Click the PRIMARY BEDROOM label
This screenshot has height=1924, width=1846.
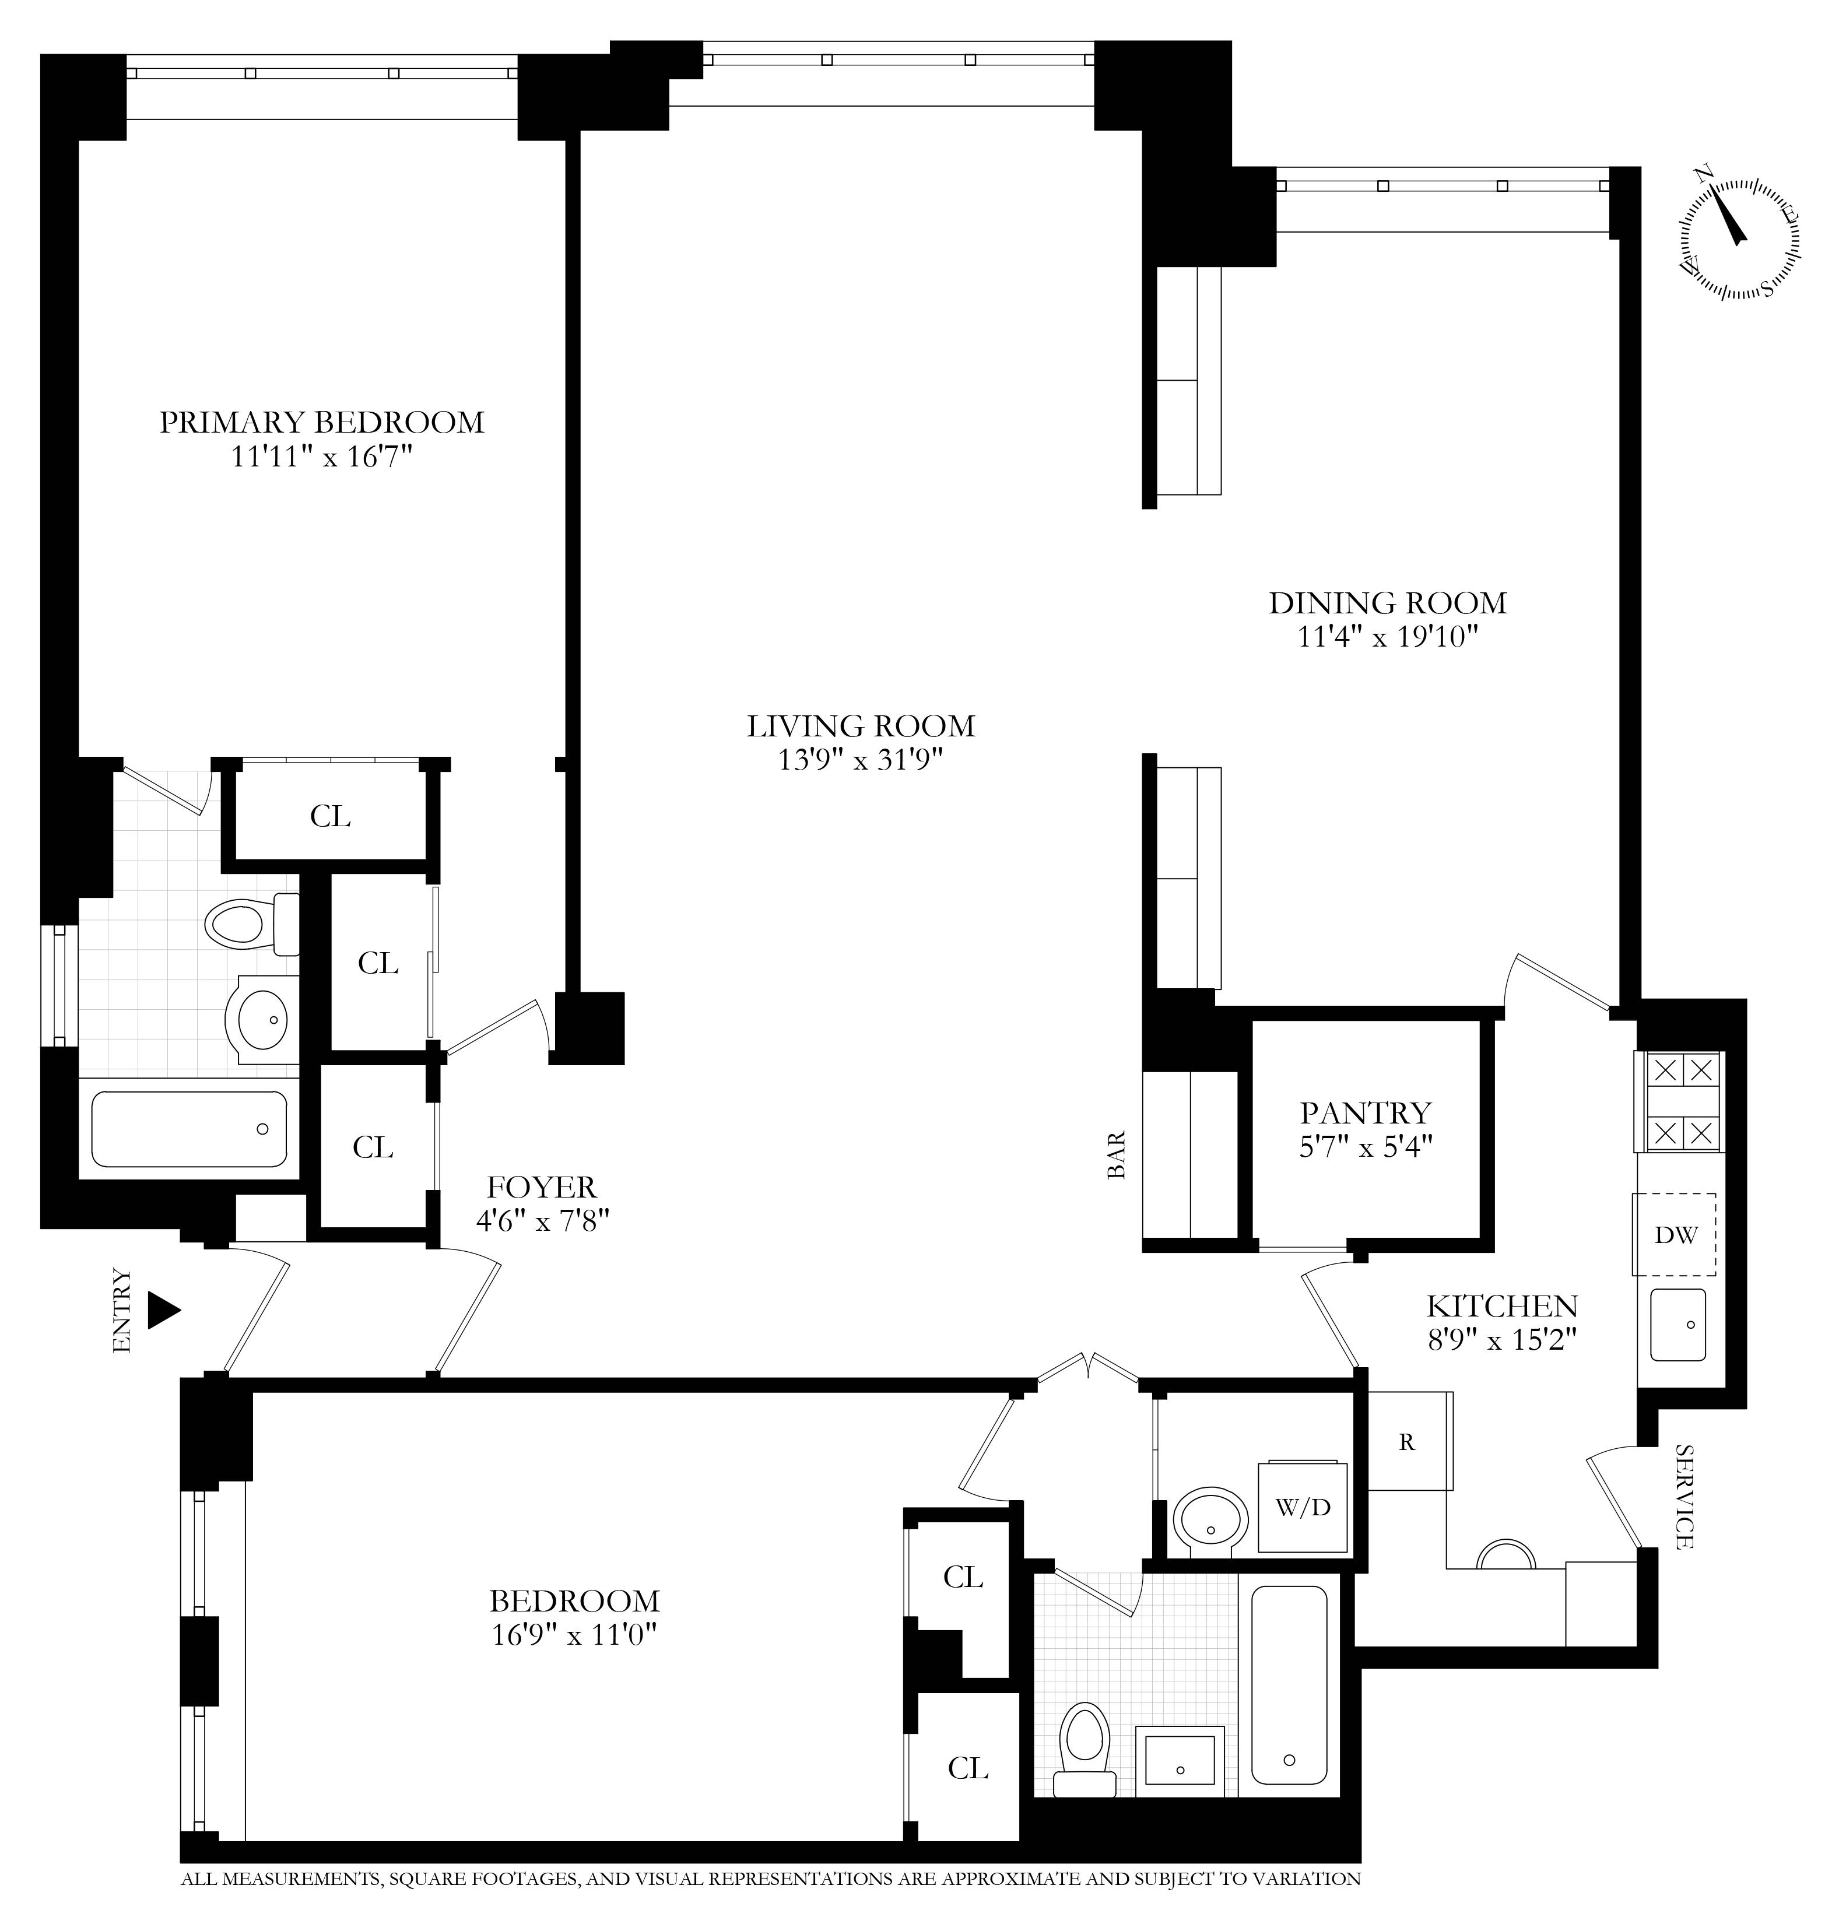pyautogui.click(x=321, y=422)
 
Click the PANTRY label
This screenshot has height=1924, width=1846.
pyautogui.click(x=1365, y=1112)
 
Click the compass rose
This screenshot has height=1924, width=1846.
pyautogui.click(x=1739, y=238)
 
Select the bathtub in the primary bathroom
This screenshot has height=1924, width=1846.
pyautogui.click(x=188, y=1129)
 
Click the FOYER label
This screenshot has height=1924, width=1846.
pyautogui.click(x=541, y=1188)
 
